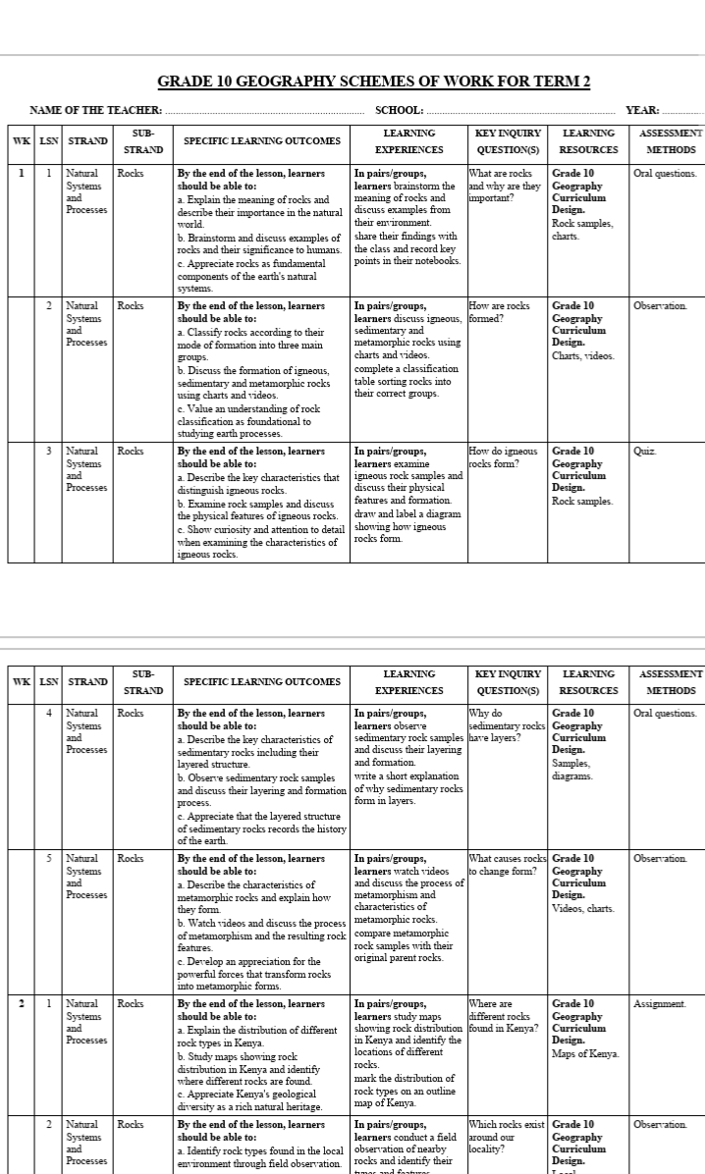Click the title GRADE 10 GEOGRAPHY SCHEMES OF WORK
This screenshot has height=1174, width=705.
[x=374, y=81]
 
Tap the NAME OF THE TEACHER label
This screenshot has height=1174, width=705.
[x=96, y=110]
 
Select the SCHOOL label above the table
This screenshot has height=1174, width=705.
[x=400, y=110]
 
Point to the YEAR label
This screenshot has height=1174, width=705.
[x=642, y=110]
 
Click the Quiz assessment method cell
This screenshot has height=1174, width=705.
[x=644, y=452]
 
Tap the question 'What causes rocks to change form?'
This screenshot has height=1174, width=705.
[x=508, y=865]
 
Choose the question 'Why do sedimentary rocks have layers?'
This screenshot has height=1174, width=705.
[x=508, y=725]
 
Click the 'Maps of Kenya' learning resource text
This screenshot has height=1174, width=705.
[x=585, y=1053]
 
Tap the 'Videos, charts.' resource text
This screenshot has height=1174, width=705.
[x=583, y=908]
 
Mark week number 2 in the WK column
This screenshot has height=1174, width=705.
[x=22, y=1004]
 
